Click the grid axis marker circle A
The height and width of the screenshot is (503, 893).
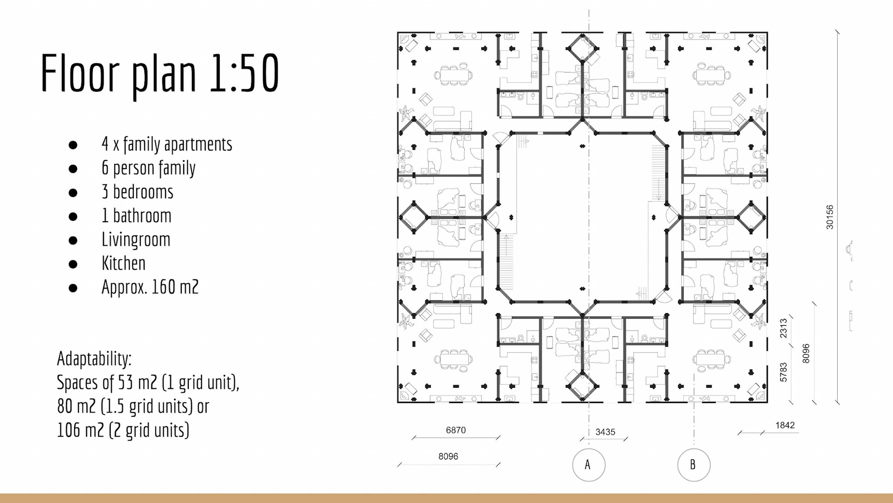pos(588,465)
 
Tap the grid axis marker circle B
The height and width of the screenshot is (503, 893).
pos(693,465)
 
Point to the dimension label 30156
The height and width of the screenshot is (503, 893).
pos(830,217)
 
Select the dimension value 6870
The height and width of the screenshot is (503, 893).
pos(455,430)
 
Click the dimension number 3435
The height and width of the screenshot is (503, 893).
pos(605,432)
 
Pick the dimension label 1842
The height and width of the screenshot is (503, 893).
pos(785,425)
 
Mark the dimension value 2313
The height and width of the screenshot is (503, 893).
pos(784,328)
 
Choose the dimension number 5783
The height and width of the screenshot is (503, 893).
pos(784,372)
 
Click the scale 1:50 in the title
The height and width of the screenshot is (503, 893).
pos(244,73)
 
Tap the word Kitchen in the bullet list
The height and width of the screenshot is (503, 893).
pos(123,264)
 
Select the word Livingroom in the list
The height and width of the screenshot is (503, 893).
pos(136,240)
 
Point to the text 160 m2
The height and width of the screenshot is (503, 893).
pos(175,287)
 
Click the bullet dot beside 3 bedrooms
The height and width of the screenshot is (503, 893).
pos(73,192)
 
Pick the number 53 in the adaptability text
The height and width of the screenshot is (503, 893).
pos(125,383)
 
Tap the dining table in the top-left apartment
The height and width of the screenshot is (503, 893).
pos(453,75)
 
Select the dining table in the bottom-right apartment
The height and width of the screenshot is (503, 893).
pos(711,359)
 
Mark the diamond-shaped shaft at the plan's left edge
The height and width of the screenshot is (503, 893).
pos(413,217)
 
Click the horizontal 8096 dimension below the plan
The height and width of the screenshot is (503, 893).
pos(448,456)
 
